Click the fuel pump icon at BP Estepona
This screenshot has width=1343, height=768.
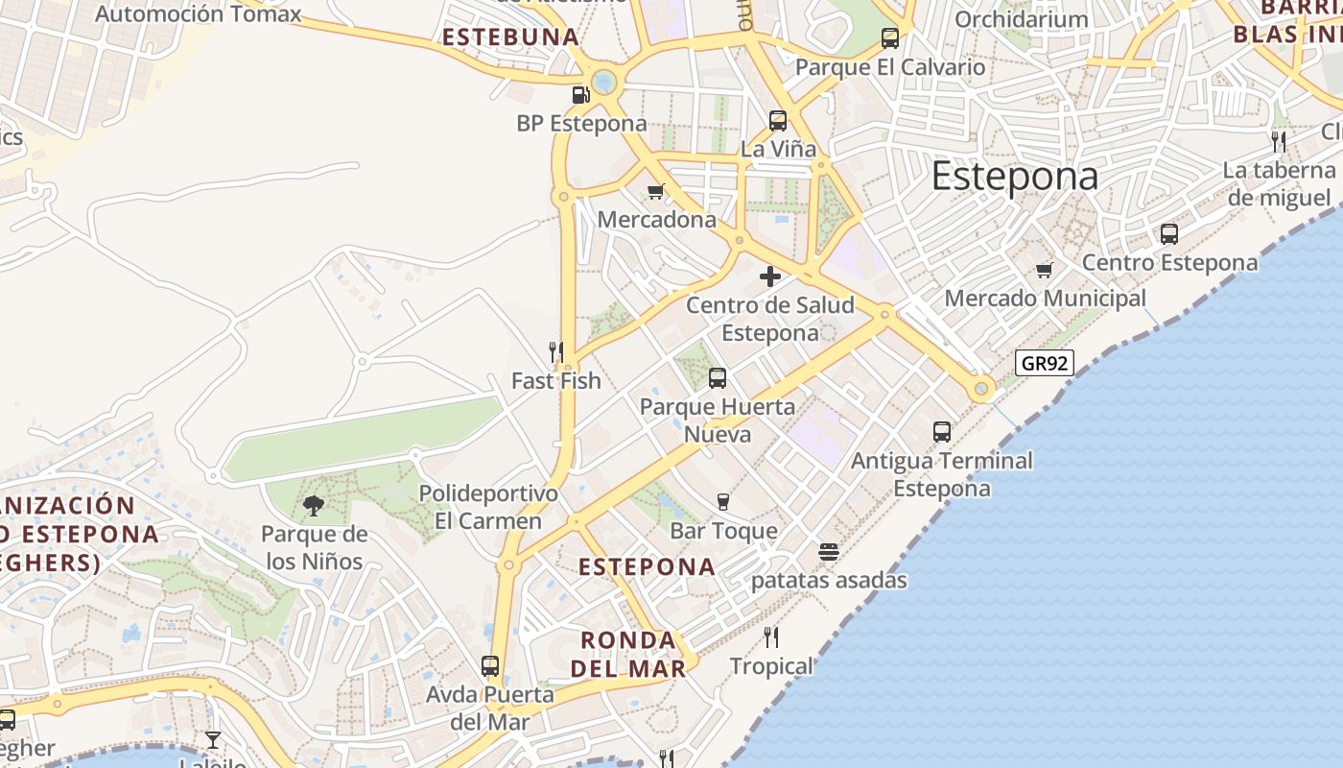pyautogui.click(x=579, y=94)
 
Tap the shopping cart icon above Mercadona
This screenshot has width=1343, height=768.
pyautogui.click(x=656, y=191)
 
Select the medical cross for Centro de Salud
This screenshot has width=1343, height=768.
pyautogui.click(x=769, y=277)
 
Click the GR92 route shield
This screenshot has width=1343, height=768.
pyautogui.click(x=1044, y=363)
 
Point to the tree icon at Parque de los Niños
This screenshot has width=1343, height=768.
pyautogui.click(x=313, y=505)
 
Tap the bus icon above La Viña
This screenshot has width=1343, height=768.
pyautogui.click(x=778, y=121)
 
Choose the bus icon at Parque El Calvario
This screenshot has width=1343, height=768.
pyautogui.click(x=890, y=38)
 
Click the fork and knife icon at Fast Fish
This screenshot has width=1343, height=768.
pyautogui.click(x=555, y=352)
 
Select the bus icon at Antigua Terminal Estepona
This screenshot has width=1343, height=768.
pyautogui.click(x=942, y=432)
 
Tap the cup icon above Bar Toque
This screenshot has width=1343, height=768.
pyautogui.click(x=723, y=501)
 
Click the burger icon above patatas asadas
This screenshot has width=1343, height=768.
pyautogui.click(x=829, y=552)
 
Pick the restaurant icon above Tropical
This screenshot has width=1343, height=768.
pyautogui.click(x=770, y=636)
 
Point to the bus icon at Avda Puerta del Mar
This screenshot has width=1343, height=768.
pyautogui.click(x=490, y=665)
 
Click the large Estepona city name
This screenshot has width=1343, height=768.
pyautogui.click(x=1014, y=177)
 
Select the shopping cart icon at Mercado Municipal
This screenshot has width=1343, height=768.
pyautogui.click(x=1045, y=270)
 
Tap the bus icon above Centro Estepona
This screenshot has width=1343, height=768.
pyautogui.click(x=1168, y=233)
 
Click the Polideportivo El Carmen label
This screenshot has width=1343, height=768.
pyautogui.click(x=488, y=507)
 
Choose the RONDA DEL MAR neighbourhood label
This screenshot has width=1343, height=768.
pyautogui.click(x=628, y=654)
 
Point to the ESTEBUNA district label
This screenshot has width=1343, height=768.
pyautogui.click(x=510, y=37)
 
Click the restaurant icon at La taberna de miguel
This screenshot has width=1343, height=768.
pyautogui.click(x=1278, y=142)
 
